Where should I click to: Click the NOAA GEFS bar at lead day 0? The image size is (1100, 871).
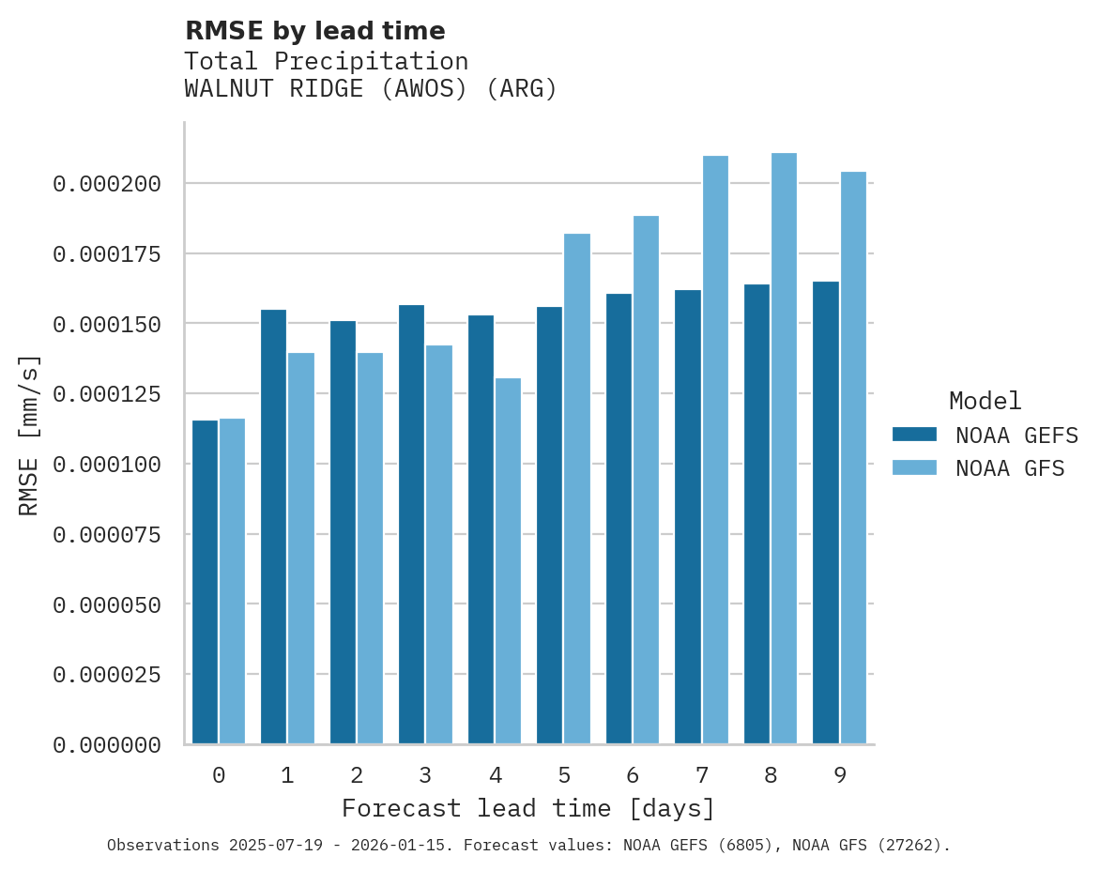pos(205,582)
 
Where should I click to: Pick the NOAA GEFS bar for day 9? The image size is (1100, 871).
pos(826,512)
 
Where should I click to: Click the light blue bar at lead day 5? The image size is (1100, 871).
pos(577,488)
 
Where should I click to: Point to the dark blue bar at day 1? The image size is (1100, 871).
pos(273,527)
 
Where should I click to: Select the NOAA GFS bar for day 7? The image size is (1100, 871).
pos(715,450)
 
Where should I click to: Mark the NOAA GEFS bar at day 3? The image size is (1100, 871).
pos(411,525)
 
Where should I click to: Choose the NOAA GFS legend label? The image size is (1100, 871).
pos(1010,468)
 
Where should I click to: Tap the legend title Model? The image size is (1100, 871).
pos(985,401)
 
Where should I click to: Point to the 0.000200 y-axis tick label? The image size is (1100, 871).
pos(107,184)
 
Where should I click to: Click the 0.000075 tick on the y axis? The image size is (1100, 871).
pos(107,535)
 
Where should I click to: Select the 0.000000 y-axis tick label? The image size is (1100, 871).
pos(107,745)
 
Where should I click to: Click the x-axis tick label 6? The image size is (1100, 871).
pos(633,775)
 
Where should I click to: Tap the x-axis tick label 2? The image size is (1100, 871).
pos(357,775)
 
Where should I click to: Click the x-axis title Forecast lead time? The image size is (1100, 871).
pos(528,808)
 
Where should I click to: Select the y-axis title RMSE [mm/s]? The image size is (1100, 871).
pos(29,435)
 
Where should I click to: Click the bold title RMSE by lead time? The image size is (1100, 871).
pos(314,31)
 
